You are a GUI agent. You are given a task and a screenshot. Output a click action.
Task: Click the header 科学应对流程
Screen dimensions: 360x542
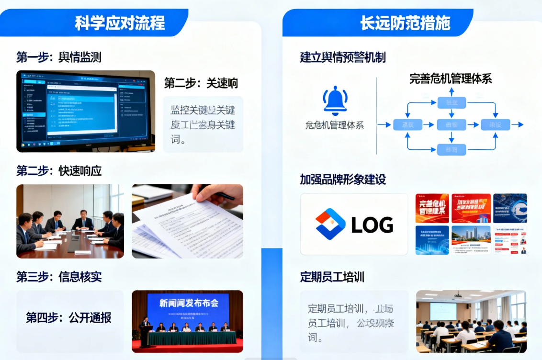coord(120,22)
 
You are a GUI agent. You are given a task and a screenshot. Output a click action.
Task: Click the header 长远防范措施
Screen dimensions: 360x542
coord(405,22)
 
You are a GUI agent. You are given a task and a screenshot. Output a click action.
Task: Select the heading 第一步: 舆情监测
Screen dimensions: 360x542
coord(59,57)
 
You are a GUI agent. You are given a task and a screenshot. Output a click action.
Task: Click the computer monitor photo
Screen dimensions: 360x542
coord(86,111)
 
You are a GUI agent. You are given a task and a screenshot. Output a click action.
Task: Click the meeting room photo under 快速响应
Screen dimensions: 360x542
coord(70,221)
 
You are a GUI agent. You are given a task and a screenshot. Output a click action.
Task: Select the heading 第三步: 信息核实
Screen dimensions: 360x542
coord(59,277)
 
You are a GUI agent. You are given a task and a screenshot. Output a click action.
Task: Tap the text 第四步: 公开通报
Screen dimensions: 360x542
coord(68,317)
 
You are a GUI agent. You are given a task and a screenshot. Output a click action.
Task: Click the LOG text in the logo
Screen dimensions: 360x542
coord(372,225)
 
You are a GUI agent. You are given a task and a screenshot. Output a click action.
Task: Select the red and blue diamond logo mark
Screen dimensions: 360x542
coord(330,224)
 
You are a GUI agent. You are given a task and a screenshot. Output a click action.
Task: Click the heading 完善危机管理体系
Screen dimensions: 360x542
coord(450,79)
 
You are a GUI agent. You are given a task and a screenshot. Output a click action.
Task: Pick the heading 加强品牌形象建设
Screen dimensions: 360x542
coord(343,180)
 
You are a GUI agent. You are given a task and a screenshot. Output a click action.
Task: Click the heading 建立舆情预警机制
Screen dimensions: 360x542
coord(343,57)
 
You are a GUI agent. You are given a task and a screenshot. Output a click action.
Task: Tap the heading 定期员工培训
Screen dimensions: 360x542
coord(332,277)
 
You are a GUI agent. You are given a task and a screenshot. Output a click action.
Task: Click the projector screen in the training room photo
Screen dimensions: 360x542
coord(442,311)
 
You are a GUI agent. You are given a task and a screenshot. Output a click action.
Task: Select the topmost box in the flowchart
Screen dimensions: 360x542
coord(451,102)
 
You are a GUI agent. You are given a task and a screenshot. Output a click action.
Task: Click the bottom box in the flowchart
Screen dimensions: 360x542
coord(451,149)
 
